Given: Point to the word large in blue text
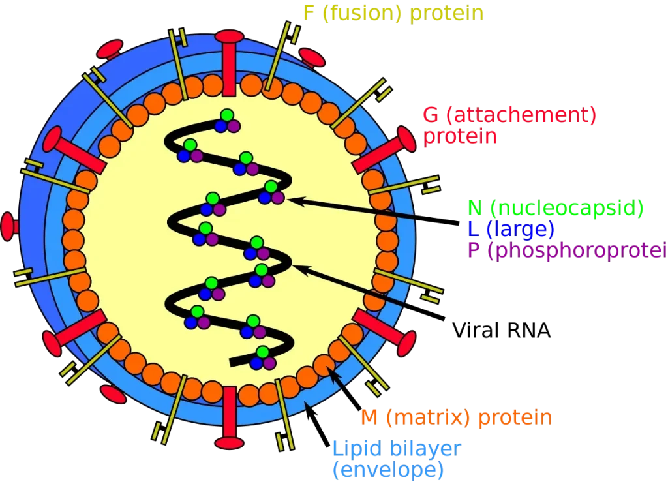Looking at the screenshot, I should click(521, 229).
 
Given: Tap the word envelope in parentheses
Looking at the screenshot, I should click(387, 469).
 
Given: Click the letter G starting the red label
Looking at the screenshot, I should click(431, 116).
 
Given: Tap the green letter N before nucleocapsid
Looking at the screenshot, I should click(475, 209).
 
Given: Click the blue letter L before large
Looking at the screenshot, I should click(472, 229).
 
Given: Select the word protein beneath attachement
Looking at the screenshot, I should click(461, 138).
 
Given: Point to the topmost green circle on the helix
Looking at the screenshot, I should click(226, 115).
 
